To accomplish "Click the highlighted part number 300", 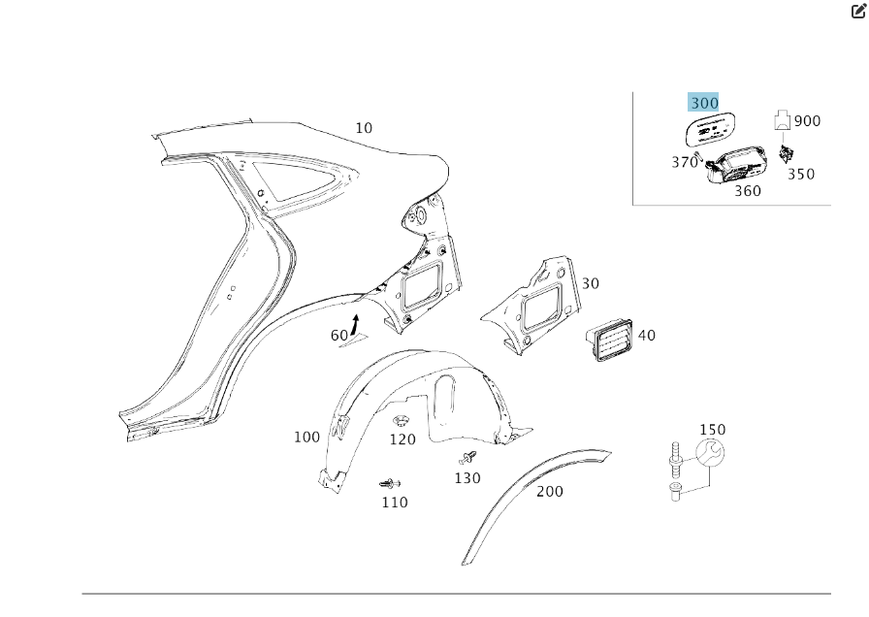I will [704, 103].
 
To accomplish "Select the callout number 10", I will [364, 128].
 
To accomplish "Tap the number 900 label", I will [807, 121].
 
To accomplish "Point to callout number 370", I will [685, 162].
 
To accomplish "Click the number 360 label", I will [747, 191].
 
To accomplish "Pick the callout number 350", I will [801, 175].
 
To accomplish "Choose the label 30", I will [591, 284].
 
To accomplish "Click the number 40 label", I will [647, 336].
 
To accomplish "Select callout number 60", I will [339, 336].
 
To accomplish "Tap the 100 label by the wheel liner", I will [306, 438].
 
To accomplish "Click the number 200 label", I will [550, 492].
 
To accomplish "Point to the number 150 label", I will [712, 430].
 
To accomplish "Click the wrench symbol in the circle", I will [711, 454].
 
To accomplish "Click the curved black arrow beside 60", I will [356, 323].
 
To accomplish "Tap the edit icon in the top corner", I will [857, 12].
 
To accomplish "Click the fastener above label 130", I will [468, 456].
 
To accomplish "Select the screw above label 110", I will [390, 483].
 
